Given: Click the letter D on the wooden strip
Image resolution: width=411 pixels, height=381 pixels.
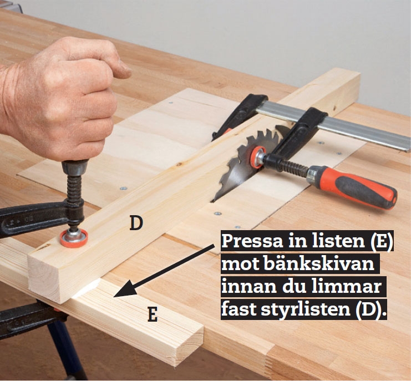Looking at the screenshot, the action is point(136,223).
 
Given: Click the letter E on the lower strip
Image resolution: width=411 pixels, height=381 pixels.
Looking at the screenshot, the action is point(153,314).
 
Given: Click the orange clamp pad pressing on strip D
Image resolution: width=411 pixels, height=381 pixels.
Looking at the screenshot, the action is point(74,238).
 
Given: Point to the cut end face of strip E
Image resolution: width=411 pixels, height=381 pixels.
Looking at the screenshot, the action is point(187,347).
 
